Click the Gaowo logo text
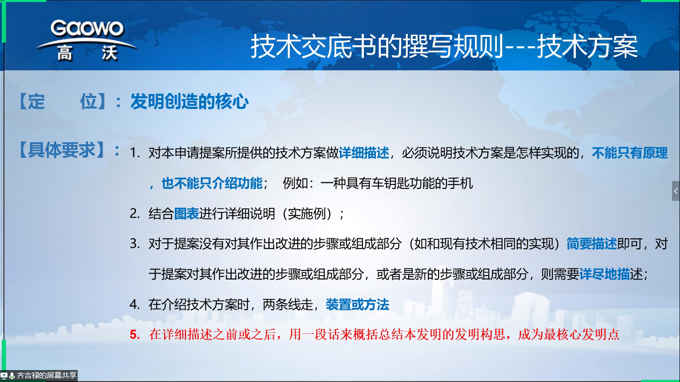click(x=87, y=28)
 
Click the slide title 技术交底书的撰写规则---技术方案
click(x=444, y=47)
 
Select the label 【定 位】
click(x=63, y=101)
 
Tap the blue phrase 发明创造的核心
click(x=190, y=101)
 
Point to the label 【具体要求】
click(x=63, y=150)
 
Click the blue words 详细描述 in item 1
click(x=364, y=153)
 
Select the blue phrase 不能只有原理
click(x=630, y=153)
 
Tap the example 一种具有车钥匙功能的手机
click(x=396, y=183)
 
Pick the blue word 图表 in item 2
click(x=186, y=213)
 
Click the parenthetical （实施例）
click(x=307, y=213)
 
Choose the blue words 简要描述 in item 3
click(x=592, y=244)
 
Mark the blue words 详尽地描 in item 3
click(x=604, y=274)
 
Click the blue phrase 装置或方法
click(x=357, y=304)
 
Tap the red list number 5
click(x=135, y=335)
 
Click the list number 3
click(x=135, y=244)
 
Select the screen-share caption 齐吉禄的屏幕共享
click(x=46, y=376)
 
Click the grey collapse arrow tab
click(x=676, y=191)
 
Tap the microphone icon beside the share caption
click(x=12, y=376)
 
